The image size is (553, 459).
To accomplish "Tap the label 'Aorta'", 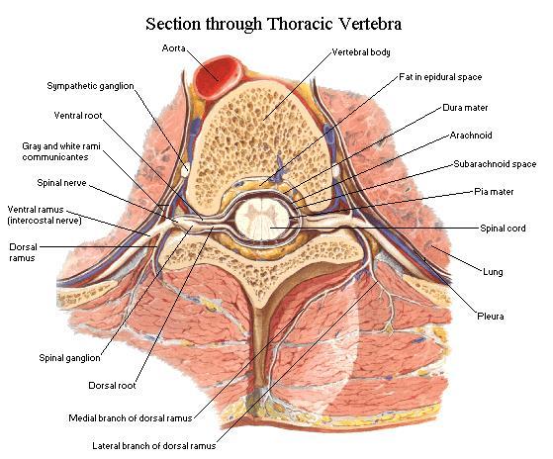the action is pyautogui.click(x=173, y=48).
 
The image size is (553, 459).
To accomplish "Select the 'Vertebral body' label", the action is pyautogui.click(x=361, y=52).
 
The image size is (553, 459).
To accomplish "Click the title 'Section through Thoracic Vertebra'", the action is pyautogui.click(x=274, y=24).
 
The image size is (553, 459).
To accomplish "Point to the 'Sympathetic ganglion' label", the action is pyautogui.click(x=91, y=86).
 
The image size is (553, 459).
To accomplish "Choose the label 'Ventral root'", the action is pyautogui.click(x=78, y=116).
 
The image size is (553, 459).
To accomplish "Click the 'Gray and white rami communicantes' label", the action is pyautogui.click(x=61, y=151).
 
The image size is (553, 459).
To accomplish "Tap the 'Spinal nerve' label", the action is pyautogui.click(x=61, y=183).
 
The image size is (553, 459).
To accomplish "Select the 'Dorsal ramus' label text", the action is pyautogui.click(x=23, y=252).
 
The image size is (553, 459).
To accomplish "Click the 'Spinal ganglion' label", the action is pyautogui.click(x=69, y=358).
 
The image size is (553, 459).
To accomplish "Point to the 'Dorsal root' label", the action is pyautogui.click(x=112, y=386).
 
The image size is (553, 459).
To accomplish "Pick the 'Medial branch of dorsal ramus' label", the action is pyautogui.click(x=131, y=418).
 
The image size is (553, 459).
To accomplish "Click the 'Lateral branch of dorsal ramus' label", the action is pyautogui.click(x=154, y=446).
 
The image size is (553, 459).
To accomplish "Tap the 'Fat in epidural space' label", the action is pyautogui.click(x=440, y=77).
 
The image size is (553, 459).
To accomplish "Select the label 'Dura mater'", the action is pyautogui.click(x=465, y=108).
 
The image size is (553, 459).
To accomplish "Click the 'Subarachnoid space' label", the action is pyautogui.click(x=495, y=164).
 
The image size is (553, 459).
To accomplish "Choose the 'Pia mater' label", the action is pyautogui.click(x=494, y=192).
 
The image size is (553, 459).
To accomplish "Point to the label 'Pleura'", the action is pyautogui.click(x=491, y=317).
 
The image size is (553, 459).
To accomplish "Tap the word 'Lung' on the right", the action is pyautogui.click(x=493, y=272).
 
